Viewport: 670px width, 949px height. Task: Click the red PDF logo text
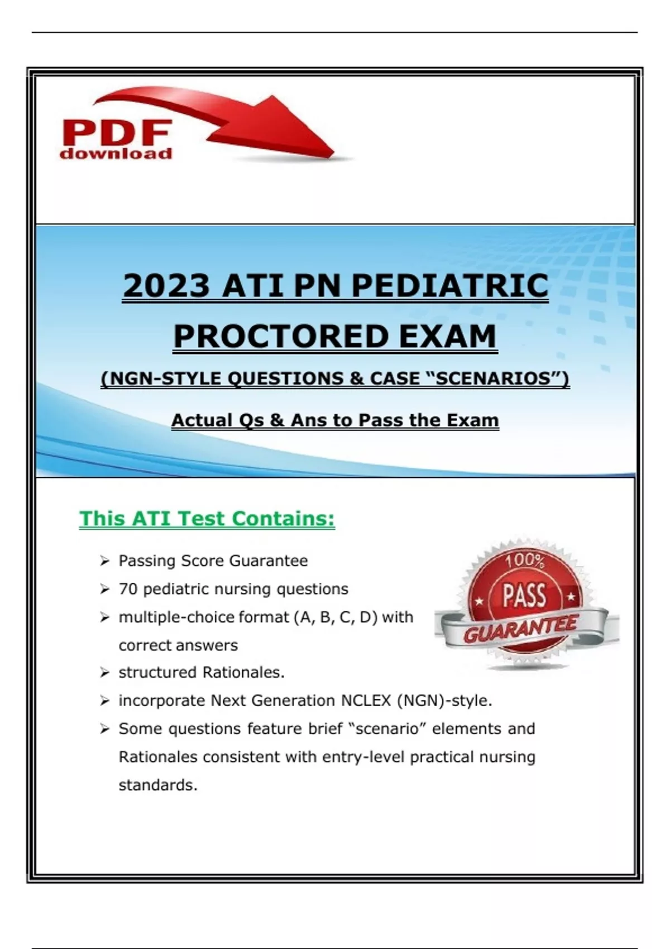[x=116, y=132]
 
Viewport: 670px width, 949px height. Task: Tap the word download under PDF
[x=116, y=153]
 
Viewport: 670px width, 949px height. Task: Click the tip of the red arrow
[x=333, y=155]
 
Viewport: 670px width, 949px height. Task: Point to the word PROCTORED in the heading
[x=281, y=336]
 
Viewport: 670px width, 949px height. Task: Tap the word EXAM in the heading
[x=448, y=336]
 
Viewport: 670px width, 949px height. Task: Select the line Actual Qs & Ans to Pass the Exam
[x=335, y=420]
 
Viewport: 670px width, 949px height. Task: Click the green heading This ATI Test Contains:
[x=207, y=519]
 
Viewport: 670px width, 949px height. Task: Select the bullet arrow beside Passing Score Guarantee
[x=104, y=562]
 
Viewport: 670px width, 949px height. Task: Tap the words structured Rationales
[x=202, y=672]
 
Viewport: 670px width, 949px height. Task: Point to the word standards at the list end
[x=158, y=785]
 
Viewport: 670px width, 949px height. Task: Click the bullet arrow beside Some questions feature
[x=104, y=730]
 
